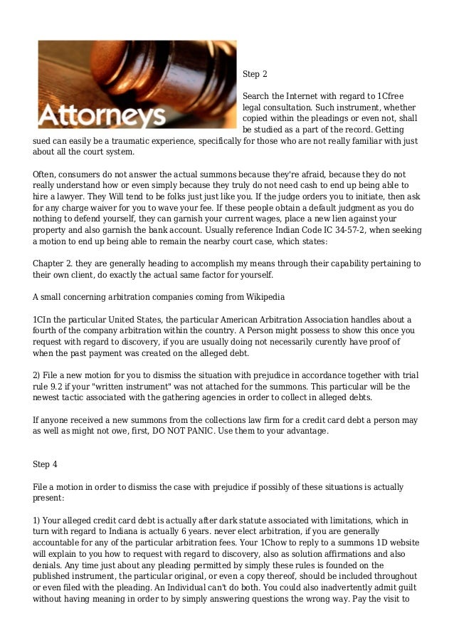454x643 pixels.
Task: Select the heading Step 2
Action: [x=255, y=73]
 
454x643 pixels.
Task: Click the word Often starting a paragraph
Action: [x=46, y=174]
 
